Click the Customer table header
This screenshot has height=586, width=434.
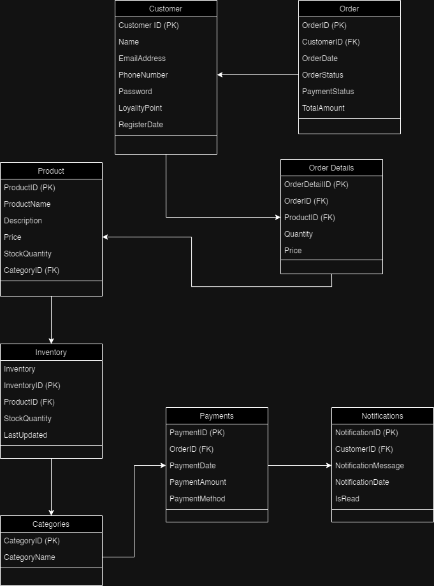click(166, 9)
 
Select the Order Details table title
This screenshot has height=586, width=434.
click(331, 168)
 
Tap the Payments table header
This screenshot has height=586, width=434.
click(217, 416)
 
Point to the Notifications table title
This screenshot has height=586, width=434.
click(382, 416)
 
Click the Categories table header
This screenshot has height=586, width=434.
click(51, 524)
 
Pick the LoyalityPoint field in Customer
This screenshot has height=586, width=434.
click(140, 108)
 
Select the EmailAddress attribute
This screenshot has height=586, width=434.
click(142, 59)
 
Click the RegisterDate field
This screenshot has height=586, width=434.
click(141, 125)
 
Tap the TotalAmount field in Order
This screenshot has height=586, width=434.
click(323, 108)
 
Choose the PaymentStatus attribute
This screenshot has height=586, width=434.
click(328, 92)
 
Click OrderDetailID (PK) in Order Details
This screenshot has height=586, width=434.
click(316, 185)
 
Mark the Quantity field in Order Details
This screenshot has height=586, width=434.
click(298, 234)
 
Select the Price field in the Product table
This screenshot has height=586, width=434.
click(12, 237)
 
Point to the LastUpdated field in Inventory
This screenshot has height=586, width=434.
click(25, 435)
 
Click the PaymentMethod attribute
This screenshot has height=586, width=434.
click(198, 499)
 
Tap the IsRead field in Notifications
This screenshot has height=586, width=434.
click(347, 499)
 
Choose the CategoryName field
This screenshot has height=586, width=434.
click(29, 557)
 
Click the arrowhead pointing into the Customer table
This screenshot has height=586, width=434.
click(220, 74)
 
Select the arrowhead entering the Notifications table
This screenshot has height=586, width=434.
click(329, 466)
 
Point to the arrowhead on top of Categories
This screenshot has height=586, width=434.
click(51, 513)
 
